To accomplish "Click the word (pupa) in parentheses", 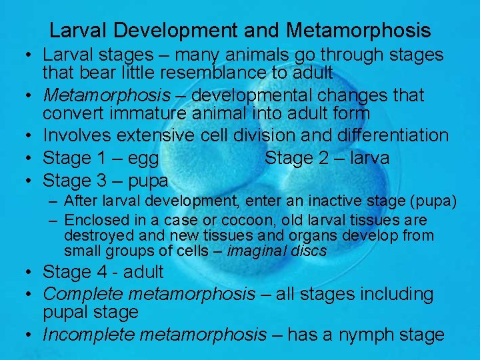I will pyautogui.click(x=434, y=201).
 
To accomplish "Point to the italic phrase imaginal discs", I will pyautogui.click(x=277, y=251).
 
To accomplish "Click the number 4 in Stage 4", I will pyautogui.click(x=101, y=272).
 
